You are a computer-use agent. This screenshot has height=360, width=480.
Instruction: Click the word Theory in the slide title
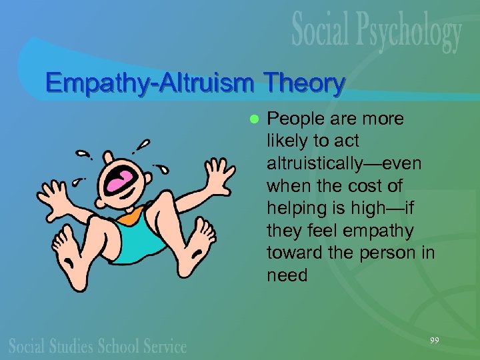(x=304, y=83)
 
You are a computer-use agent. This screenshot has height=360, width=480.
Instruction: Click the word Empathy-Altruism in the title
(x=151, y=84)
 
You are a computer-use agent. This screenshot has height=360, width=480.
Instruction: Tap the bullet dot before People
(x=253, y=119)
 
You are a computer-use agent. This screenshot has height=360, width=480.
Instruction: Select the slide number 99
(x=434, y=341)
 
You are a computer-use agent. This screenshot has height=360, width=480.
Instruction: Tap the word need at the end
(x=287, y=275)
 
